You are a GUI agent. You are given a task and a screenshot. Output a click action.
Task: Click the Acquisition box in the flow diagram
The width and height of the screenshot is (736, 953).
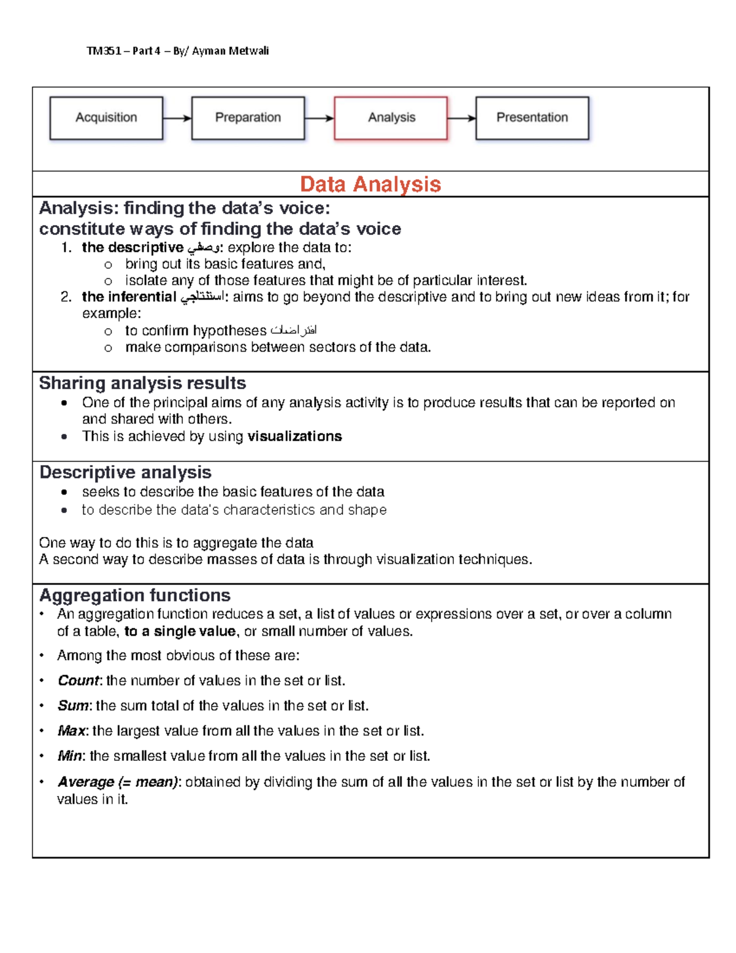point(106,118)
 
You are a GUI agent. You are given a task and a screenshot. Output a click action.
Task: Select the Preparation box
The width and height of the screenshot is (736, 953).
point(248,118)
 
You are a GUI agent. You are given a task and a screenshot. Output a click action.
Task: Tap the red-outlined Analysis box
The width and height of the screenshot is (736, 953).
point(391,118)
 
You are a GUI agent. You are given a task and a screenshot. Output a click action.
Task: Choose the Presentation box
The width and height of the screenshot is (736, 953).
point(532,118)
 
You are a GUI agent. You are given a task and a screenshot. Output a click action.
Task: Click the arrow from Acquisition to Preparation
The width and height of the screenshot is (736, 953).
point(177,118)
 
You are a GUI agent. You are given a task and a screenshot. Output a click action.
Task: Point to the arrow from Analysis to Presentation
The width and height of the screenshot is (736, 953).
point(461,118)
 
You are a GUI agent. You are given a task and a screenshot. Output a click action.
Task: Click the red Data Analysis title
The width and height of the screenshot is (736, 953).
point(370,184)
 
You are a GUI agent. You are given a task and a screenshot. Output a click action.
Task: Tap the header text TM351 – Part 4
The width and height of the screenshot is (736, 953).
point(123,51)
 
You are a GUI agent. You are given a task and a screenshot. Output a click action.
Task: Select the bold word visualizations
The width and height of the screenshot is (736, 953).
point(294,436)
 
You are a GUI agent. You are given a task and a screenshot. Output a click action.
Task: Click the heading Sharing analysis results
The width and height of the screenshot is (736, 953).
point(142,383)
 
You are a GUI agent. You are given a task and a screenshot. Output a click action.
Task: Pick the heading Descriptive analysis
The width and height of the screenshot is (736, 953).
point(125,472)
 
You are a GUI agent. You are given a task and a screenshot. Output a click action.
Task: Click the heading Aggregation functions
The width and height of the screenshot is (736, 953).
point(135,595)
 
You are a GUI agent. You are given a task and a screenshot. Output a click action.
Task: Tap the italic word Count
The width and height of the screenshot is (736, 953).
point(78,681)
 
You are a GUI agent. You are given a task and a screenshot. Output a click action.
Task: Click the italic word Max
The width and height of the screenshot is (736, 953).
point(71,731)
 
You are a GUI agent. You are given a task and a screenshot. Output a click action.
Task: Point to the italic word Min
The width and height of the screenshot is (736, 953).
point(70,756)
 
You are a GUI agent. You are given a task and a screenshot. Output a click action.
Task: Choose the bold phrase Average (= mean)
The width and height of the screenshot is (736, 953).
point(117,782)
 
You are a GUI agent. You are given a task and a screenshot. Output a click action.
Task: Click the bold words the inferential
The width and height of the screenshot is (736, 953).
point(129,297)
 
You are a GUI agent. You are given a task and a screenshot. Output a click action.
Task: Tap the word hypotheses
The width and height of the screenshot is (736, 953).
point(229,331)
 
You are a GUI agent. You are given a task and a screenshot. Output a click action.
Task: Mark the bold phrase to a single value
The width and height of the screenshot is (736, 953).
point(180,631)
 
